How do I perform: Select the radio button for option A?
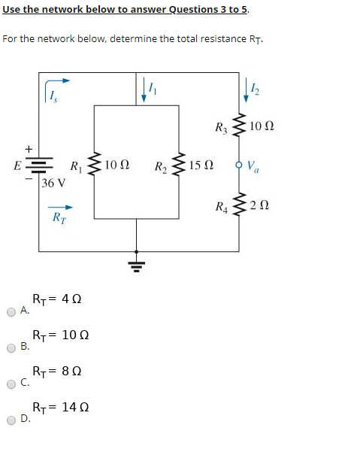tap(11, 311)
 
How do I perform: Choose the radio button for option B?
tap(11, 347)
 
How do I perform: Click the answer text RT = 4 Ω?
tap(57, 299)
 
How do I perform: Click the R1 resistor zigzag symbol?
tap(93, 165)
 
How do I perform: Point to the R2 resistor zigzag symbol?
tap(178, 165)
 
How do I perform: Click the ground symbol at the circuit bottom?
tap(136, 263)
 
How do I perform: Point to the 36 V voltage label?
tap(53, 183)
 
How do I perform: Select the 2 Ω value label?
tap(260, 205)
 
